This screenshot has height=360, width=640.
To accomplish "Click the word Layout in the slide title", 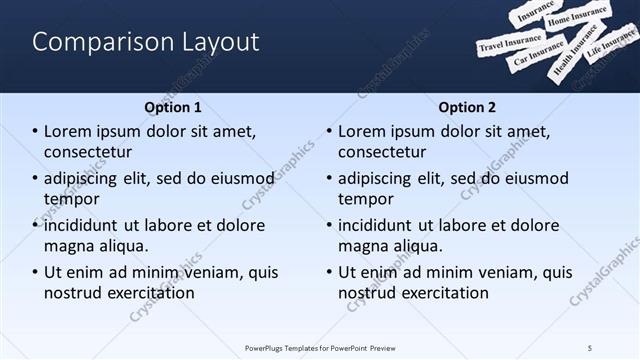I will click(217, 42).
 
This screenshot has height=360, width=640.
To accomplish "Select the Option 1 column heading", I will click(173, 107).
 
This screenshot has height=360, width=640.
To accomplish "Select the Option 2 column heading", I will click(466, 107).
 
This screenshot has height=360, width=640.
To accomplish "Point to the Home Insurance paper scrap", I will click(577, 17).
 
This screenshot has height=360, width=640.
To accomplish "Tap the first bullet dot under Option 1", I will click(35, 132).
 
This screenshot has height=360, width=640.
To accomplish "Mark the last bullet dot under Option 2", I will click(329, 272).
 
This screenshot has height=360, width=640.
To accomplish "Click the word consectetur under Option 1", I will click(88, 152).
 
